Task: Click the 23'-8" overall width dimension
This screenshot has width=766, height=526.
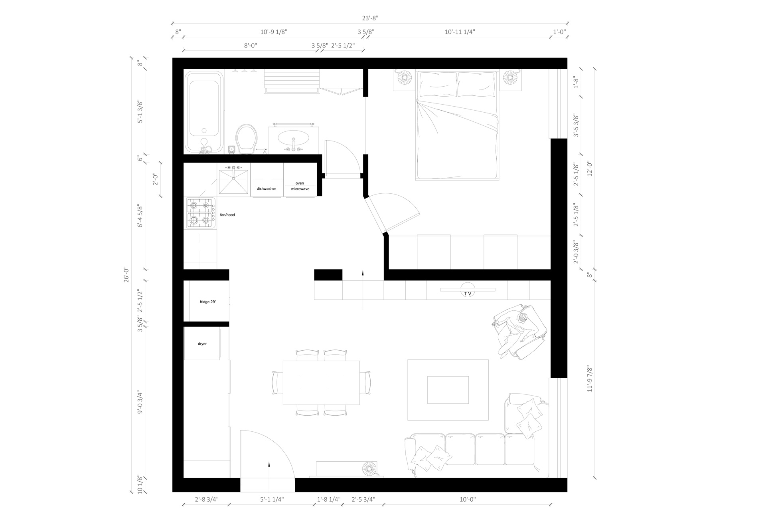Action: [x=370, y=18]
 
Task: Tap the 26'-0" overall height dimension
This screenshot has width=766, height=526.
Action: [x=126, y=274]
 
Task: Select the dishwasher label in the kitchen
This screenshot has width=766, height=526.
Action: [x=266, y=189]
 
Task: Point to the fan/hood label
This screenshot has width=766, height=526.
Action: [x=227, y=215]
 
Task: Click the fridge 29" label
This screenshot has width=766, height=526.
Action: [x=208, y=302]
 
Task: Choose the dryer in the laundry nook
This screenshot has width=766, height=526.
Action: [x=202, y=343]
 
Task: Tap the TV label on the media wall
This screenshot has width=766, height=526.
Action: [x=468, y=294]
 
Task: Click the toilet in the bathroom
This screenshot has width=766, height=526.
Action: [x=246, y=139]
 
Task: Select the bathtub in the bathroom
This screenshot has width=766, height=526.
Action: [x=204, y=112]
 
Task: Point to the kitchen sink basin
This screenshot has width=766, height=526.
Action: [x=234, y=182]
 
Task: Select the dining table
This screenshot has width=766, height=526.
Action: [x=321, y=383]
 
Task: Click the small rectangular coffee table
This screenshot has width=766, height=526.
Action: [x=448, y=390]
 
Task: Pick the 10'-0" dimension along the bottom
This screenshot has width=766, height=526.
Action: [x=468, y=499]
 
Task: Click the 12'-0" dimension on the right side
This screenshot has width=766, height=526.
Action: [x=590, y=168]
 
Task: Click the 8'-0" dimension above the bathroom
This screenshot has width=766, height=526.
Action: [x=251, y=46]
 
